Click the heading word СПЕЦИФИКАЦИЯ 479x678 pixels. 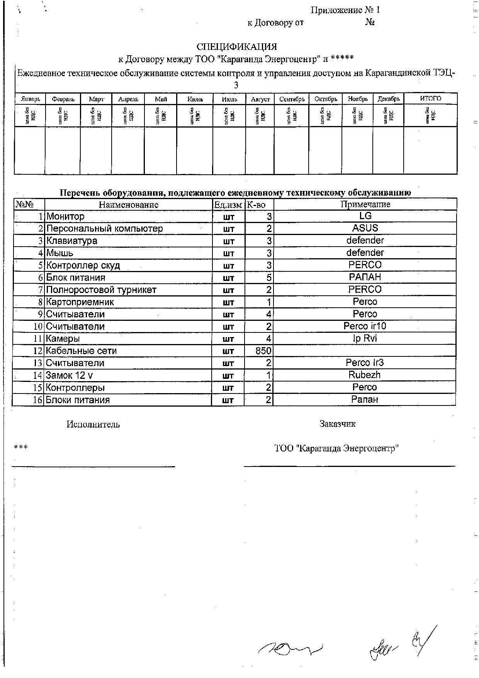pyautogui.click(x=236, y=47)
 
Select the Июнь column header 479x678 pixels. pyautogui.click(x=195, y=99)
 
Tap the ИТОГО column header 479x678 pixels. pyautogui.click(x=430, y=99)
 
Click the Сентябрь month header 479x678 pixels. pyautogui.click(x=292, y=99)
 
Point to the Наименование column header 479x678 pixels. pyautogui.click(x=129, y=204)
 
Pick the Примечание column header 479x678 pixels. pyautogui.click(x=365, y=204)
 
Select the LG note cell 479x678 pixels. pyautogui.click(x=365, y=216)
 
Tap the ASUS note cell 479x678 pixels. pyautogui.click(x=365, y=228)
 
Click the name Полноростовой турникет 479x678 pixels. pyautogui.click(x=101, y=290)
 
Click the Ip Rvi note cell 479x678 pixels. pyautogui.click(x=365, y=339)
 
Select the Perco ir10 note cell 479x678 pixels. pyautogui.click(x=365, y=326)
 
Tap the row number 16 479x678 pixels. pyautogui.click(x=37, y=400)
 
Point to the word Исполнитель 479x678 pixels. pyautogui.click(x=93, y=424)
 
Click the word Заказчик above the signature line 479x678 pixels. pyautogui.click(x=337, y=424)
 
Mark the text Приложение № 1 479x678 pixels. pyautogui.click(x=345, y=10)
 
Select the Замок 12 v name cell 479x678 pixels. pyautogui.click(x=70, y=375)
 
